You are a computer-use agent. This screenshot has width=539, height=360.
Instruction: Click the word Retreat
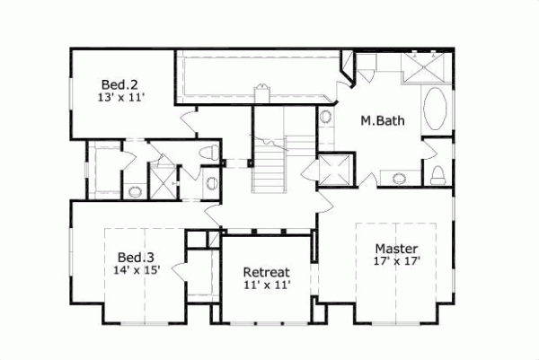[267, 272]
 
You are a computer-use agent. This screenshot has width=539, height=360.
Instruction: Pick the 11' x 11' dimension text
[267, 285]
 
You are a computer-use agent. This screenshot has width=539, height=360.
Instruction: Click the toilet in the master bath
[437, 172]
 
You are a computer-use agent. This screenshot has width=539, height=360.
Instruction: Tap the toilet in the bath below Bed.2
[208, 153]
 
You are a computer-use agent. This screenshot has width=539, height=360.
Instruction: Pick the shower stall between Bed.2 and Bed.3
[163, 181]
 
